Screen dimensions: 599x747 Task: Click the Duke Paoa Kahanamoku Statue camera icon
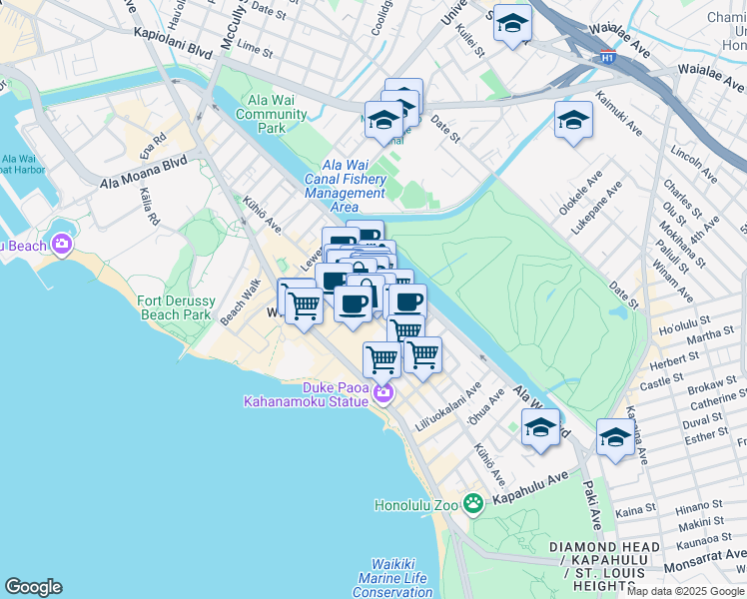pos(382,396)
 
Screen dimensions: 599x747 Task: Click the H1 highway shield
pos(607,57)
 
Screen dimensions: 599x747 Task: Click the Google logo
pos(33,587)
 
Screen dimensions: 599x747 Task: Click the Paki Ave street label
pos(595,504)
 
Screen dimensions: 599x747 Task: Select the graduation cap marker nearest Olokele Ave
pos(573,122)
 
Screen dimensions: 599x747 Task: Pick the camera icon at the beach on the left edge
pos(63,244)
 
